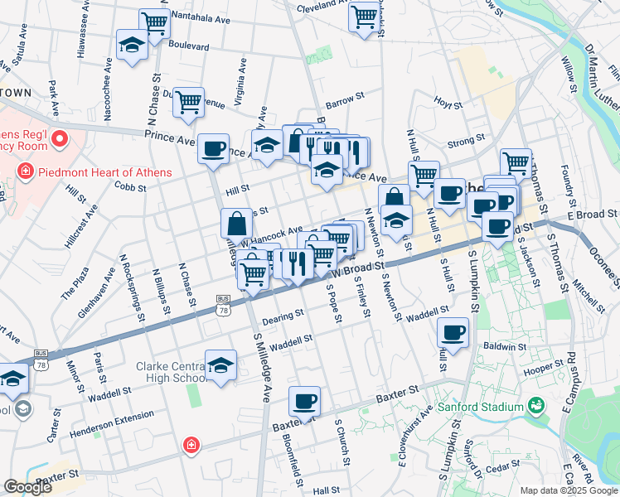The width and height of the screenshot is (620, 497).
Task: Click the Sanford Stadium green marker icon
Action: click(536, 406)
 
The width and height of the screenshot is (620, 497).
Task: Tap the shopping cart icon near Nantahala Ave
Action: click(155, 24)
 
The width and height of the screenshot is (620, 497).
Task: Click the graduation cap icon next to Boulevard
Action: click(132, 44)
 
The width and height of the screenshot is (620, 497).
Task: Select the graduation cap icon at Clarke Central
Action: click(221, 365)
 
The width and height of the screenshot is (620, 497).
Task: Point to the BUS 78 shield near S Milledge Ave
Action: click(222, 304)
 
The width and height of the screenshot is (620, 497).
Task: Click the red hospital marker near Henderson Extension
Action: click(191, 446)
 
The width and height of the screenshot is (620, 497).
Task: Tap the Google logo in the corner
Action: click(27, 487)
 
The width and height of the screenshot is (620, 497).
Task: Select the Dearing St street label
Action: click(279, 320)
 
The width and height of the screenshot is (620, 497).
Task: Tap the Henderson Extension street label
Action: click(113, 419)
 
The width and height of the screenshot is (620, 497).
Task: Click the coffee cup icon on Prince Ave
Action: click(214, 148)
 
